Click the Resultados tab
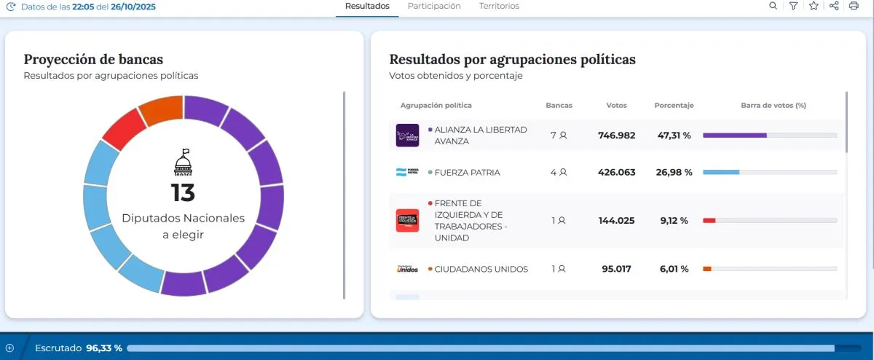coord(367,6)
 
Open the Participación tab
coord(434,6)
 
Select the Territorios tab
coord(499,6)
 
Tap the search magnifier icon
coord(773,6)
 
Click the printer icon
coord(854,6)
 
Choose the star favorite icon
coord(814,6)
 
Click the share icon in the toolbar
coord(834,6)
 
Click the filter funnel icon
coord(793,6)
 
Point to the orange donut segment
coord(160,110)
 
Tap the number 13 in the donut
coord(184,193)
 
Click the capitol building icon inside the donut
coord(184,163)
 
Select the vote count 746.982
coord(616,136)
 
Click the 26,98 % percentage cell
coord(674,173)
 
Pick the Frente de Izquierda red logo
coord(407,220)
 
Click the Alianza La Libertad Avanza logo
coord(407,136)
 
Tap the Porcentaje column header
coord(674,106)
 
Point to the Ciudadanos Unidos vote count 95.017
coord(616,269)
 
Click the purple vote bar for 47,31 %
coord(734,136)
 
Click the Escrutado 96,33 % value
coord(104,348)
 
